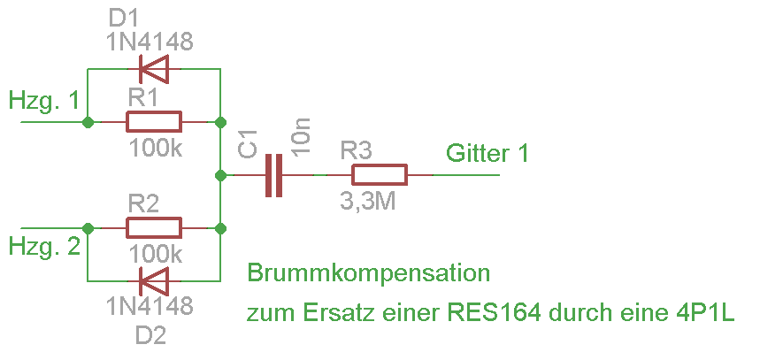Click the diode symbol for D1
[x=153, y=68]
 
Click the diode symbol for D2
[x=153, y=282]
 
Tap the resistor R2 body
[x=154, y=228]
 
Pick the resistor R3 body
[x=379, y=175]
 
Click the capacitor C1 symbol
[x=275, y=175]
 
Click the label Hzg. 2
[x=48, y=245]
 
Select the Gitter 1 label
[x=487, y=153]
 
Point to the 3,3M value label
[x=367, y=201]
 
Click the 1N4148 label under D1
[x=150, y=41]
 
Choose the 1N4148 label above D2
[x=150, y=308]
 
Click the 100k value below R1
[x=155, y=148]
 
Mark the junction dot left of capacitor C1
[x=219, y=175]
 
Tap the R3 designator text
[x=359, y=150]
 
